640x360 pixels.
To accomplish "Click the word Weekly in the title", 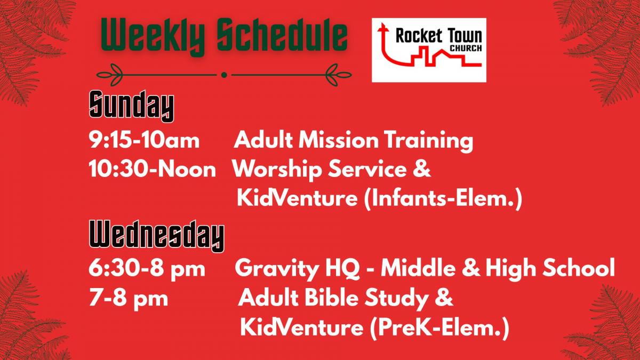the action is coord(153,36).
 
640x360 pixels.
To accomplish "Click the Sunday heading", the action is coord(131,106).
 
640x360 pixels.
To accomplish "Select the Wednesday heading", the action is coord(157,236).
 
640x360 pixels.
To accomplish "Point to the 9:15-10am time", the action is coord(144,141).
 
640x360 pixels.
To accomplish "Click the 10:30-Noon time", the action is coord(153,169).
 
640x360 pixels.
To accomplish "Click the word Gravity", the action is coord(277,269).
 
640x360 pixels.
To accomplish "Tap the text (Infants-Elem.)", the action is coord(443,198).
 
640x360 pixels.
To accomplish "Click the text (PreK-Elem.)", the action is coord(439,327).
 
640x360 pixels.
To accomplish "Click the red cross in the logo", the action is coord(382,29).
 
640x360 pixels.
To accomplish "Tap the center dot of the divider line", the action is coord(224,75).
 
